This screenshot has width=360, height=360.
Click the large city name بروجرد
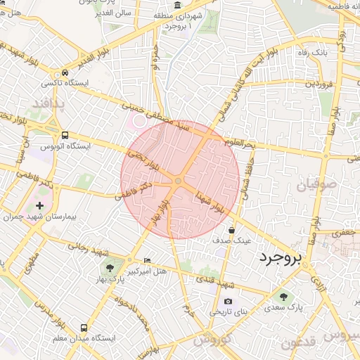280,258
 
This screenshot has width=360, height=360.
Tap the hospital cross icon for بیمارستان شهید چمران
39,206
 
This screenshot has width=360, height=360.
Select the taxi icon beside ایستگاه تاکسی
65,72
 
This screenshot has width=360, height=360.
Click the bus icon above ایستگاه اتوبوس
65,135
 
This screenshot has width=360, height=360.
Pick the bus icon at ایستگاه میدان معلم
84,328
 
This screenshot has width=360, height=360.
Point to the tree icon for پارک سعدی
283,297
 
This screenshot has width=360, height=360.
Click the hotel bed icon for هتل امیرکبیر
147,259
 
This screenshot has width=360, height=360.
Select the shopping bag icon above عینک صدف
231,229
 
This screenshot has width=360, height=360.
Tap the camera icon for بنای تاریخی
227,301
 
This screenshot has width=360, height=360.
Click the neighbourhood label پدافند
48,104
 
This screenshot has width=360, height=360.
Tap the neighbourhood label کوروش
212,340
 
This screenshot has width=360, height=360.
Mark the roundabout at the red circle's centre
179,181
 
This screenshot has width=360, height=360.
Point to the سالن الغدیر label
115,19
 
